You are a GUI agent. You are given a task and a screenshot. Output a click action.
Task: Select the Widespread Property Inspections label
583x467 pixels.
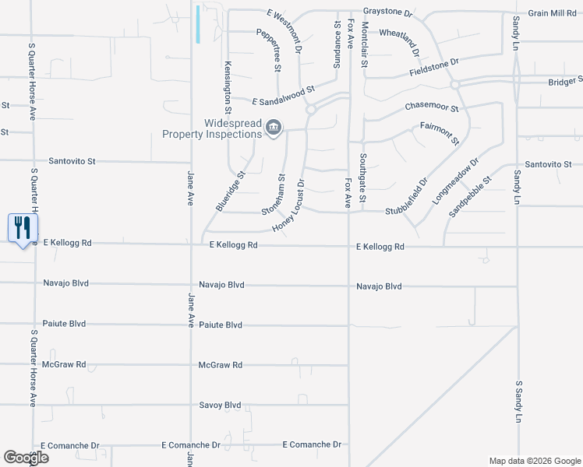point(211,128)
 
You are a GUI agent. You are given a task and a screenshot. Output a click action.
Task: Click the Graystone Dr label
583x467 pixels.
point(387,13)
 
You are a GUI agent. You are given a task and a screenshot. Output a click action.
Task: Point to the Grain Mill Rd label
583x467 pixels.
point(552,13)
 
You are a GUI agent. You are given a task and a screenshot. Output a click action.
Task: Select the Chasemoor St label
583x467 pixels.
point(431,107)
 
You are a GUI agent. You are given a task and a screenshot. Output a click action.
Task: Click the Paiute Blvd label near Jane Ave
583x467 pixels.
point(220,325)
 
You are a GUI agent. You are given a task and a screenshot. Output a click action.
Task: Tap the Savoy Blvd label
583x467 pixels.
point(220,406)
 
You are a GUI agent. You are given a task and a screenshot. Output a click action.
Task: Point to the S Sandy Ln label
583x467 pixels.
point(518,402)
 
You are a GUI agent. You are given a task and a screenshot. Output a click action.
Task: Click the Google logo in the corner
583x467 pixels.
point(26,458)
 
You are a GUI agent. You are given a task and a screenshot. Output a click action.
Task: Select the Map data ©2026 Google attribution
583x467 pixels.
point(534,461)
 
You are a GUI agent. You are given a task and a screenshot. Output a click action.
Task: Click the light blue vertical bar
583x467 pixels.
point(199,24)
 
